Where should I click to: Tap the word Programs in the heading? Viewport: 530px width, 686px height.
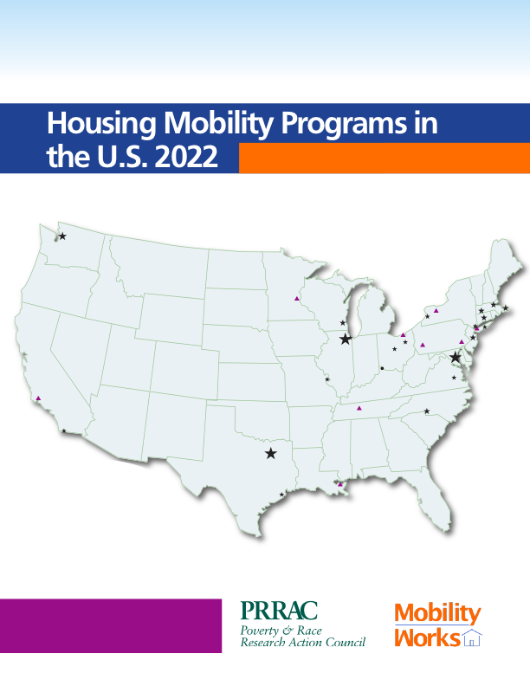[333, 126]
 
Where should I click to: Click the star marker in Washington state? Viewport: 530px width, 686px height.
[62, 236]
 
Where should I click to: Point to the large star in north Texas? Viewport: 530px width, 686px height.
[271, 452]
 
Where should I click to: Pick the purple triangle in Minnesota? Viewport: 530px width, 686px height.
[297, 299]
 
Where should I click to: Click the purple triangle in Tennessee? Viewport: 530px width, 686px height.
[359, 407]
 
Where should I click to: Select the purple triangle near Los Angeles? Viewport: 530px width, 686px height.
[38, 398]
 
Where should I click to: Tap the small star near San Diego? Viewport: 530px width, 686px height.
[64, 430]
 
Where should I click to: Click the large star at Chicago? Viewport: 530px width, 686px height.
[346, 339]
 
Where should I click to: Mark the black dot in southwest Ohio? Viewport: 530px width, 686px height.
[382, 367]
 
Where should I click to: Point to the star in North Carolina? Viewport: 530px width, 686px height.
[426, 411]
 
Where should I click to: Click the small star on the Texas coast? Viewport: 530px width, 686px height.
[281, 495]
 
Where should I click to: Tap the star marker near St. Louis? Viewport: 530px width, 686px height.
[327, 379]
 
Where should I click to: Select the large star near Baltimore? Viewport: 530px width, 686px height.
[456, 357]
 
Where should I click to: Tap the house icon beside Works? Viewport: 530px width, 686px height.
[472, 639]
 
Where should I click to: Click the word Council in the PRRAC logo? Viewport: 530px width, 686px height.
[343, 642]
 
